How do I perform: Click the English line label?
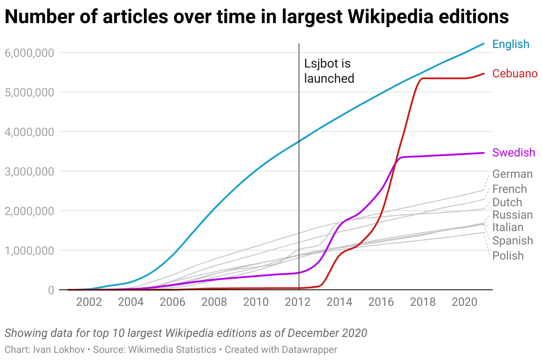(511, 44)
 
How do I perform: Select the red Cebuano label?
(515, 73)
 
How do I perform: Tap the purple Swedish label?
(514, 153)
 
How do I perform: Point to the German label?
(512, 174)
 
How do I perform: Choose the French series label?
(510, 189)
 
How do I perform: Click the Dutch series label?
(507, 202)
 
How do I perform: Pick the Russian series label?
(512, 215)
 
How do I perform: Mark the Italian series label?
(508, 228)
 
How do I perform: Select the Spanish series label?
(512, 241)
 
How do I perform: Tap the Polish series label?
(508, 256)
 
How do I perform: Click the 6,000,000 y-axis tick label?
(29, 53)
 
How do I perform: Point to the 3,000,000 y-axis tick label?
(29, 172)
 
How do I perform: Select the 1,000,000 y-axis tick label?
(29, 251)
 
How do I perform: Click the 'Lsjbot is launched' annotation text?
(329, 71)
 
